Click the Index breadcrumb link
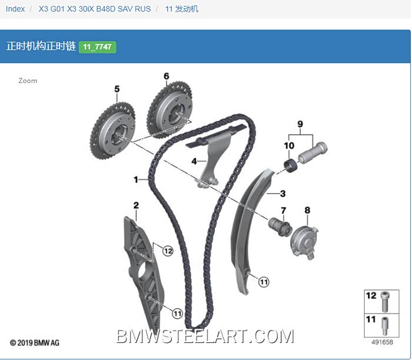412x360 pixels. click(15, 9)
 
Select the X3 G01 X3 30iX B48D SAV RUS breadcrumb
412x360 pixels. click(95, 9)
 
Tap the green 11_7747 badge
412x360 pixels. click(98, 47)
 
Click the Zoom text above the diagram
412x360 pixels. click(28, 81)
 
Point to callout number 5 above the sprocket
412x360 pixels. click(117, 89)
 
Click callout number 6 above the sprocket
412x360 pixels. click(167, 76)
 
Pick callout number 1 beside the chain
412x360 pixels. click(136, 179)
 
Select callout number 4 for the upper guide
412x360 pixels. click(194, 161)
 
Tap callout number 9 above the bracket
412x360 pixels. click(300, 124)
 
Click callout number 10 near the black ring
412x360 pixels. click(289, 145)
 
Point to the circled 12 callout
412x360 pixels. click(168, 251)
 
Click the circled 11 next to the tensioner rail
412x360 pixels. click(264, 282)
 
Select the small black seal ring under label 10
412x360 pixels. click(291, 166)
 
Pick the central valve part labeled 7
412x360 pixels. click(280, 226)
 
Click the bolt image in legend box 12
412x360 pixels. click(385, 301)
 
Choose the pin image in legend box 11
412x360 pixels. click(385, 326)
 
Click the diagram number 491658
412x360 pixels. click(383, 342)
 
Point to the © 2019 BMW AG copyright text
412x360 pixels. click(34, 343)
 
